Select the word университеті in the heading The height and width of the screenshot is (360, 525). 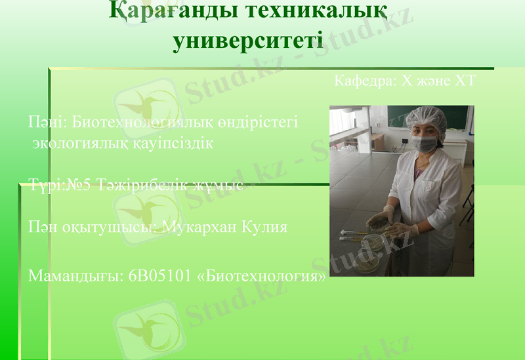247,41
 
